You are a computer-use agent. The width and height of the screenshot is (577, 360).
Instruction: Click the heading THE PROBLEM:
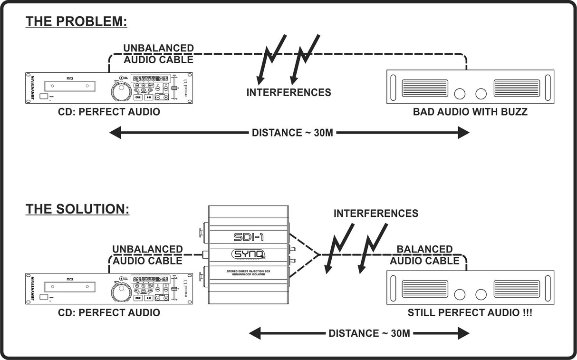[x=76, y=22]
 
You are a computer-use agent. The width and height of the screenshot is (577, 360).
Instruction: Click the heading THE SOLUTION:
[x=77, y=209]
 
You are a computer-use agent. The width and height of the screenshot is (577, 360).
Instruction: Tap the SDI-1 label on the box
[x=249, y=236]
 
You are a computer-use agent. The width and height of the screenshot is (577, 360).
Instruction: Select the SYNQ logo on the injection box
[x=249, y=255]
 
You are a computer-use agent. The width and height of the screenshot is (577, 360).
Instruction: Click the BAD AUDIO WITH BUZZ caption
[x=470, y=112]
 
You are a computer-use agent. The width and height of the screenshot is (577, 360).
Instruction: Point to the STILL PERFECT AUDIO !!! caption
[x=470, y=313]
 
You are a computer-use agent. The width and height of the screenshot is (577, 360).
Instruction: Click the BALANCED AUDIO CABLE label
[x=424, y=255]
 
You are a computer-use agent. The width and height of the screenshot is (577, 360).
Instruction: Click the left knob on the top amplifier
[x=460, y=94]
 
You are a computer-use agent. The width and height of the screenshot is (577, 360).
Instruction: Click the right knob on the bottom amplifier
[x=481, y=294]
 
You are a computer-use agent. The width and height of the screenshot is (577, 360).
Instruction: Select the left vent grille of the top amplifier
[x=425, y=88]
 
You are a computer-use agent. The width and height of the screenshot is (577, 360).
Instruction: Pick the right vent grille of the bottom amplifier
[x=517, y=289]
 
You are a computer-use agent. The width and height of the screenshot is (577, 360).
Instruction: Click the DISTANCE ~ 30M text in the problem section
[x=292, y=133]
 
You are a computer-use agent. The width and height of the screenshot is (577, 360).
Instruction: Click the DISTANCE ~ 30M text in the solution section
[x=369, y=333]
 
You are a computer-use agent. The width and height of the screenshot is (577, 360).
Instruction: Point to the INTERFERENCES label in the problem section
[x=288, y=92]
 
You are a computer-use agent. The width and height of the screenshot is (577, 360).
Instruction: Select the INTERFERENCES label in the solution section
[x=375, y=214]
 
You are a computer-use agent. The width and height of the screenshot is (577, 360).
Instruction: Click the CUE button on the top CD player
[x=138, y=97]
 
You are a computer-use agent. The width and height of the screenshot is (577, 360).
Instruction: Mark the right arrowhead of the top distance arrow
[x=463, y=133]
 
